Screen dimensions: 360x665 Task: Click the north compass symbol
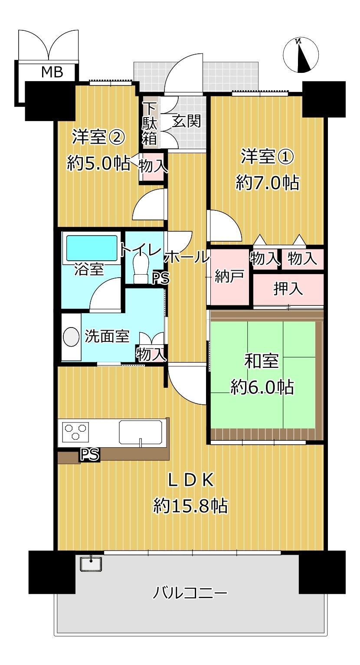click(300, 55)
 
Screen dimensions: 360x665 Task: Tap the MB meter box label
click(52, 72)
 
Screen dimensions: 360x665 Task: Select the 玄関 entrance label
click(187, 121)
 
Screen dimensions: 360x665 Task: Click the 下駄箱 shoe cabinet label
click(149, 124)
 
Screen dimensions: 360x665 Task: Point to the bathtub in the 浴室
click(92, 248)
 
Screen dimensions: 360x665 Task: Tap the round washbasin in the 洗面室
click(71, 337)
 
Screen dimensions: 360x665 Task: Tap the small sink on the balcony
click(91, 564)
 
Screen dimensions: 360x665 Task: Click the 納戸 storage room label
click(229, 277)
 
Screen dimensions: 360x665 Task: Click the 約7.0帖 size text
click(267, 183)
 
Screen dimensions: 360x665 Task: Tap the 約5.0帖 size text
click(98, 163)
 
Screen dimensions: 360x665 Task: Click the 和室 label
click(262, 361)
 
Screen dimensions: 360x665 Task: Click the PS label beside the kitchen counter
click(90, 454)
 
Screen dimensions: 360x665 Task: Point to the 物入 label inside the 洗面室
click(151, 354)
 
